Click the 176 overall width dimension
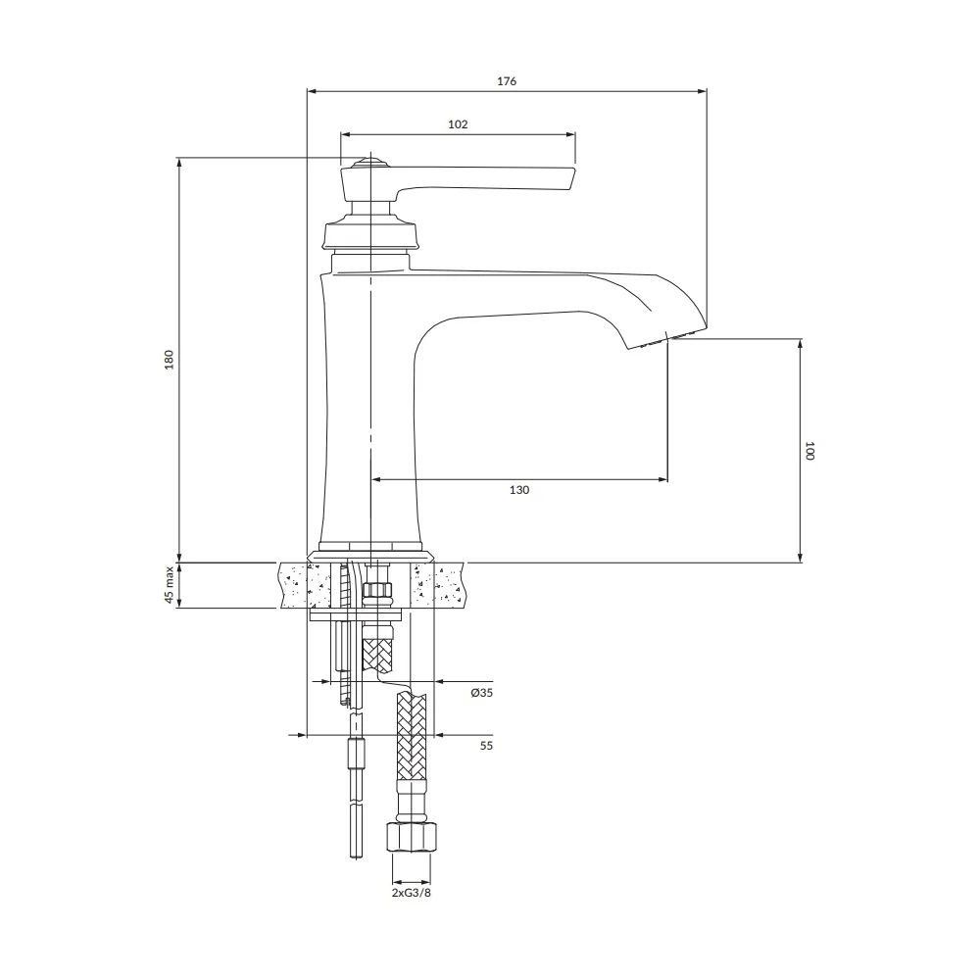507,81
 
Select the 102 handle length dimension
458,124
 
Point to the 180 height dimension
169,360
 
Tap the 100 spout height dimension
809,451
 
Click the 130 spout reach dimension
518,490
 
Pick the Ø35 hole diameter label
482,693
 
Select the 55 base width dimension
486,746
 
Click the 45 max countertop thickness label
169,585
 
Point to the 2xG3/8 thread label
412,893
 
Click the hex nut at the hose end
411,837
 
